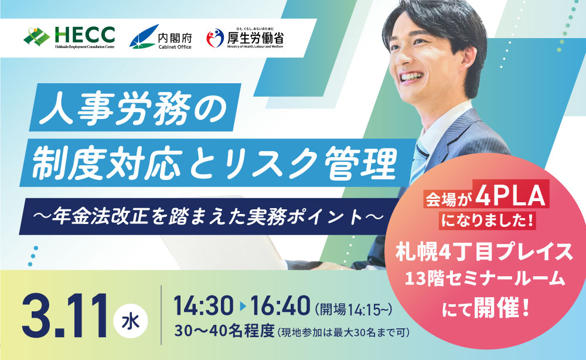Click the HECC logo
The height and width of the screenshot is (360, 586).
(69, 36)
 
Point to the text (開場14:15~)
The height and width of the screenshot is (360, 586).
(349, 307)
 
